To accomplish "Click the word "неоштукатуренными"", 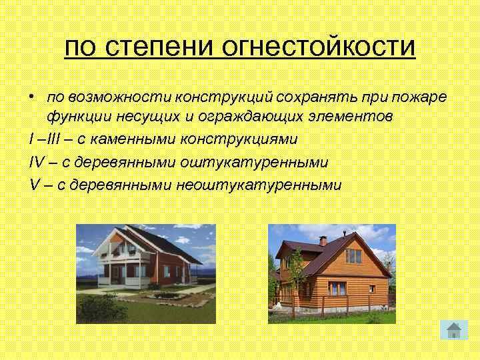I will click(x=259, y=184).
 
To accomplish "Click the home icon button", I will click(x=453, y=329).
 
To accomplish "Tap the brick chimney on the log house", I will click(x=323, y=241).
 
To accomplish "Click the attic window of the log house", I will click(x=353, y=255).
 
